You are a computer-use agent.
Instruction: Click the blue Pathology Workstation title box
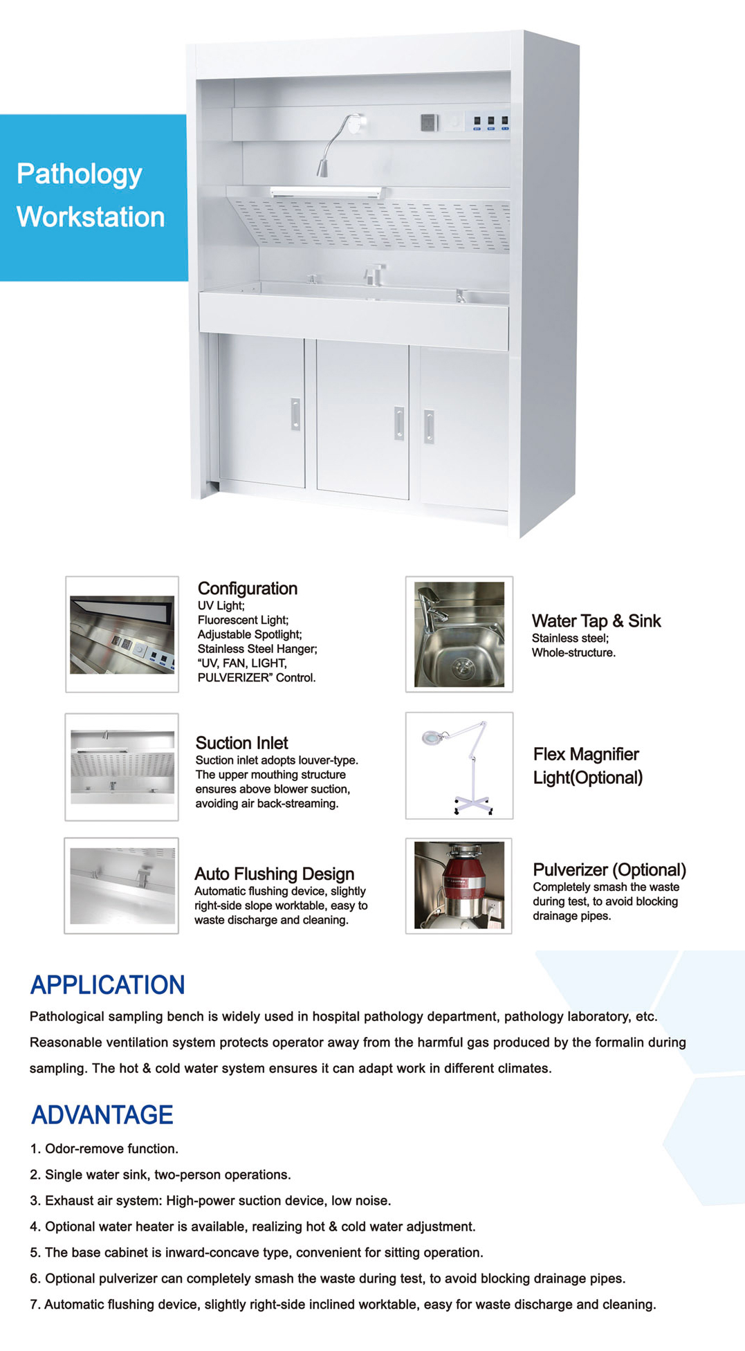click(x=93, y=197)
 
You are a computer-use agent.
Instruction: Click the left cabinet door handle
click(x=295, y=414)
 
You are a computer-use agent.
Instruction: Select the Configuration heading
click(x=247, y=589)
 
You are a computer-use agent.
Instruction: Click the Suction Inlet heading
click(x=241, y=743)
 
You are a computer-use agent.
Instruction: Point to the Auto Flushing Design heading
click(x=274, y=874)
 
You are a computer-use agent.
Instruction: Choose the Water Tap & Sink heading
click(x=596, y=621)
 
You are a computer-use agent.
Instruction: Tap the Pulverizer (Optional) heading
click(x=609, y=870)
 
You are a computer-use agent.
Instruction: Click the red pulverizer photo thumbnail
click(x=459, y=885)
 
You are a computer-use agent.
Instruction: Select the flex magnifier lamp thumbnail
click(x=459, y=766)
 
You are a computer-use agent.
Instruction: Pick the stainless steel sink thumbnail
click(x=459, y=634)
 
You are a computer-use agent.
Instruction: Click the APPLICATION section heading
click(x=107, y=985)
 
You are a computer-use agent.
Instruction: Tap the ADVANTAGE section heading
click(x=102, y=1115)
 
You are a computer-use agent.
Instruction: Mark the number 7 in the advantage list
click(x=33, y=1305)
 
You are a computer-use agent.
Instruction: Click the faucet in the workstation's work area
click(x=374, y=274)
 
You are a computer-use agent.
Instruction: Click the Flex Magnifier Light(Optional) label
click(x=587, y=766)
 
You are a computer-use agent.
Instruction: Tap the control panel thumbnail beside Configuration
click(x=122, y=634)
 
